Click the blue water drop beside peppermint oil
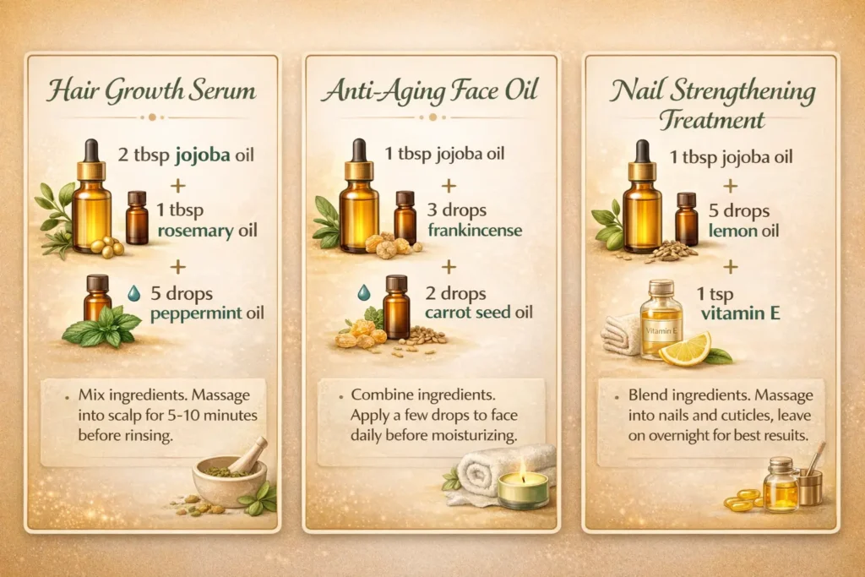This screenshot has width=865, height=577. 133,292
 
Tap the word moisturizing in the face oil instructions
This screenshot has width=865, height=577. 491,436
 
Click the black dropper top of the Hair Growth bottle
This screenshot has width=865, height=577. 91,150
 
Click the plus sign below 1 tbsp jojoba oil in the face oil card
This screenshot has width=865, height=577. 449,184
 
